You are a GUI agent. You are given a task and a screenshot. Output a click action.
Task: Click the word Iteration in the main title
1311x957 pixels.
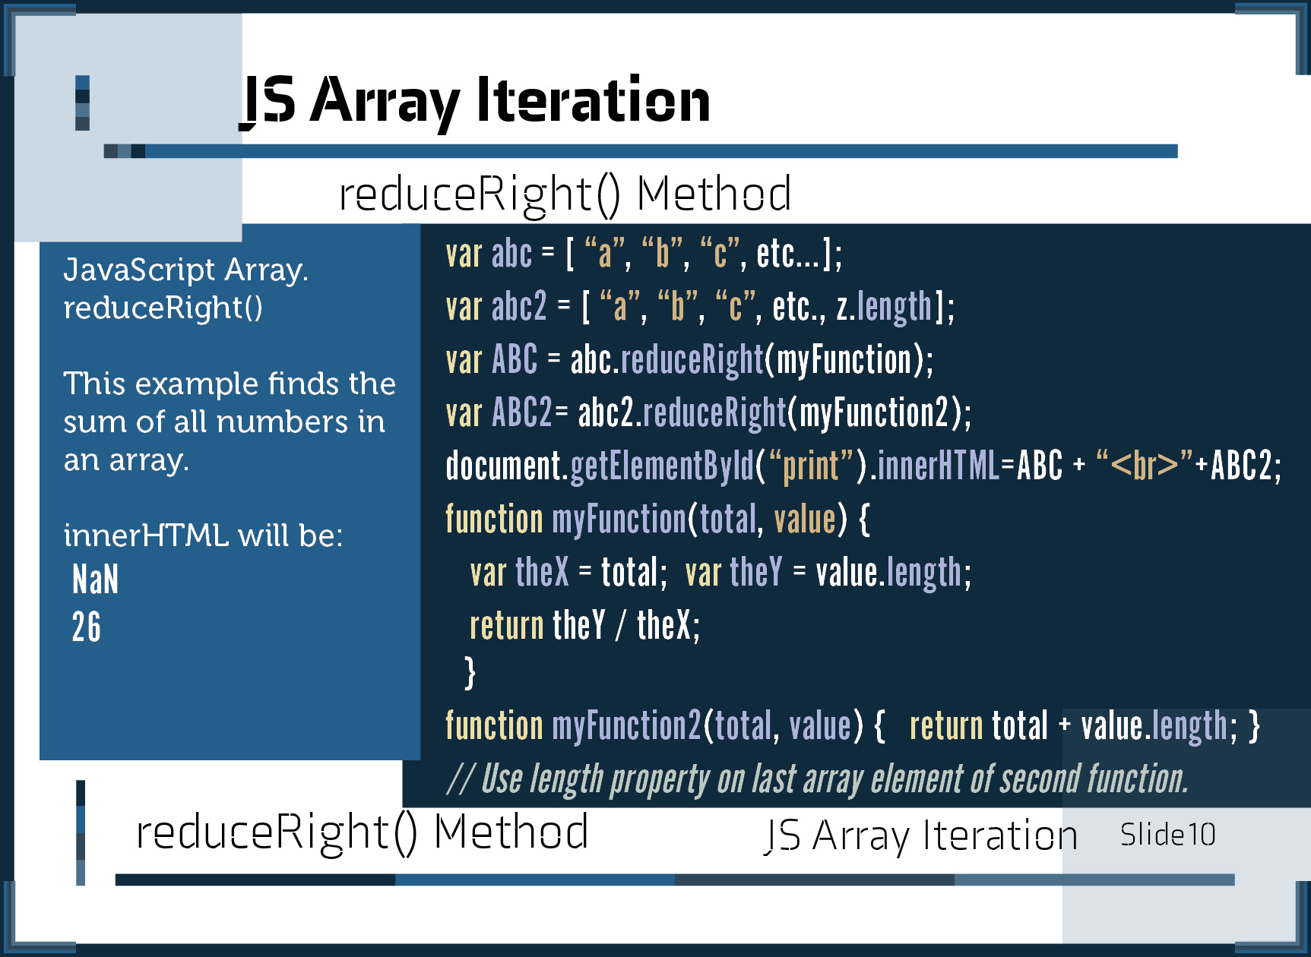pyautogui.click(x=593, y=100)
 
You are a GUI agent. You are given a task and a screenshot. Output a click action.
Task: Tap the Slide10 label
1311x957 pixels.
pyautogui.click(x=1168, y=835)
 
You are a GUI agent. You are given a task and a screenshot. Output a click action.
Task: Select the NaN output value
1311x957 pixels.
pyautogui.click(x=96, y=580)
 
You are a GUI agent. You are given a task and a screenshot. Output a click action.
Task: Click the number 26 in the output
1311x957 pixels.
pyautogui.click(x=86, y=627)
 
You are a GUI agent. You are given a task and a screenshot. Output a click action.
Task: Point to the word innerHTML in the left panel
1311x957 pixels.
pyautogui.click(x=146, y=535)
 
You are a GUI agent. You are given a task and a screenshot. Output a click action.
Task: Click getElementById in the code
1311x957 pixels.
pyautogui.click(x=662, y=466)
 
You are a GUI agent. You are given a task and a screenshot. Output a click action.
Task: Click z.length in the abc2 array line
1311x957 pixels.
pyautogui.click(x=884, y=308)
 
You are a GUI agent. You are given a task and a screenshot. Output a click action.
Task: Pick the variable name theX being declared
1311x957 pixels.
pyautogui.click(x=542, y=572)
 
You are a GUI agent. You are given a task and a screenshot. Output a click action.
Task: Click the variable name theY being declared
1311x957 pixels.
pyautogui.click(x=755, y=572)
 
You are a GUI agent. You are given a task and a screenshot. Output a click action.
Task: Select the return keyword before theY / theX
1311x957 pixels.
pyautogui.click(x=507, y=626)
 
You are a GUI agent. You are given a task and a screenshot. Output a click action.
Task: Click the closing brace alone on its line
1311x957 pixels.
pyautogui.click(x=470, y=672)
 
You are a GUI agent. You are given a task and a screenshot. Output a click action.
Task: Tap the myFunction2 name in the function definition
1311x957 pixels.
pyautogui.click(x=626, y=725)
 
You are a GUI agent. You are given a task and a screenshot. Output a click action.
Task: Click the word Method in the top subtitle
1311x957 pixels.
pyautogui.click(x=714, y=194)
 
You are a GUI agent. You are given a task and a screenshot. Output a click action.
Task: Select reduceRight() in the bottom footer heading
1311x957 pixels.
pyautogui.click(x=277, y=832)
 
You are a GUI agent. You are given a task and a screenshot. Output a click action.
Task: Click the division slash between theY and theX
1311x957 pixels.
pyautogui.click(x=621, y=626)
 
